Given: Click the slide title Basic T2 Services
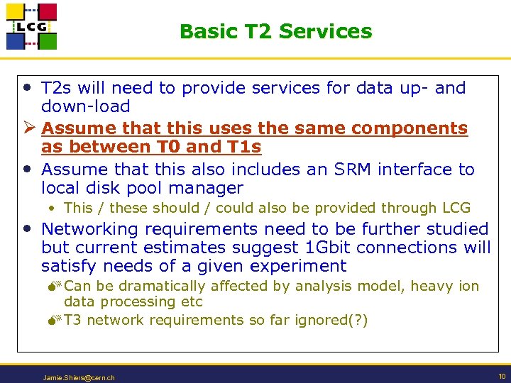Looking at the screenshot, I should [275, 31].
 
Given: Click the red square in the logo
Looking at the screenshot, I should [47, 12].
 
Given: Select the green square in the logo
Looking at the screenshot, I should [47, 41].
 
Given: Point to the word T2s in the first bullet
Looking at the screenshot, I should [56, 89].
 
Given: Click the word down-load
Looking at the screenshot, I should [85, 107].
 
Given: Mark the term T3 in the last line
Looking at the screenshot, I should [73, 320].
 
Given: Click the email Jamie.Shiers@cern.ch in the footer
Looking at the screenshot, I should [79, 378].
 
